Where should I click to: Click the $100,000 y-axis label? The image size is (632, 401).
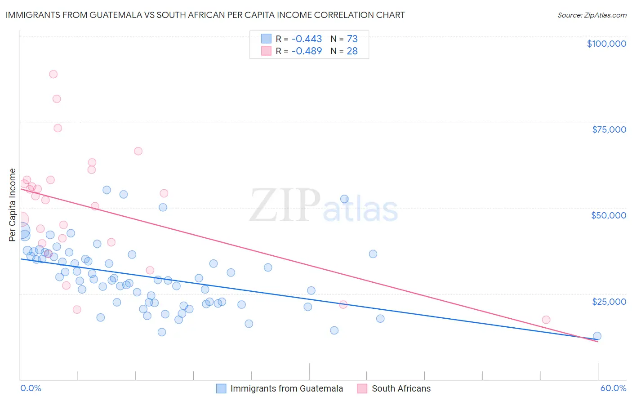pyautogui.click(x=606, y=44)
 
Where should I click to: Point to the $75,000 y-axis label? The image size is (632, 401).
pyautogui.click(x=609, y=129)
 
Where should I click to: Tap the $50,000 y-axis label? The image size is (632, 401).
pyautogui.click(x=608, y=215)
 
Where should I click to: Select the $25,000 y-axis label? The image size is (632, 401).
pyautogui.click(x=609, y=301)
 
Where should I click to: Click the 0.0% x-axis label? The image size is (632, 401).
pyautogui.click(x=31, y=388)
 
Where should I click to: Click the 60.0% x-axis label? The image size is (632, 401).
pyautogui.click(x=613, y=388)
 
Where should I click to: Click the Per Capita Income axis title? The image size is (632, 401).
pyautogui.click(x=13, y=205)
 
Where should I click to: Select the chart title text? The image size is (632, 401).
pyautogui.click(x=205, y=15)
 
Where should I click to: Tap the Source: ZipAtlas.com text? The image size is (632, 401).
pyautogui.click(x=592, y=15)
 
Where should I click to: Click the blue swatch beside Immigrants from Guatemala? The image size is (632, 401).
pyautogui.click(x=221, y=388)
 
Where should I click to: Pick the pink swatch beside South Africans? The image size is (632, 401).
pyautogui.click(x=362, y=388)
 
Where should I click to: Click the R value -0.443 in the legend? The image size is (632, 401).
pyautogui.click(x=307, y=39)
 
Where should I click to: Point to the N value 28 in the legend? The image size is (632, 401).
pyautogui.click(x=352, y=51)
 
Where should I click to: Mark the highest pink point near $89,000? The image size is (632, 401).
pyautogui.click(x=53, y=74)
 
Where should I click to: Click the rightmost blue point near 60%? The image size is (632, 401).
pyautogui.click(x=597, y=336)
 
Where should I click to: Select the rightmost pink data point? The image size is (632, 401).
pyautogui.click(x=546, y=320)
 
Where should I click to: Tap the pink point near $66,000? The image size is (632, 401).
pyautogui.click(x=138, y=151)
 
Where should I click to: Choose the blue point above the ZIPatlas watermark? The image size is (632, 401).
pyautogui.click(x=344, y=199)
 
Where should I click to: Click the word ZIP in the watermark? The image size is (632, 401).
pyautogui.click(x=285, y=205)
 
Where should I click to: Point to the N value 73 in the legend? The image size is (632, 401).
pyautogui.click(x=352, y=39)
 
